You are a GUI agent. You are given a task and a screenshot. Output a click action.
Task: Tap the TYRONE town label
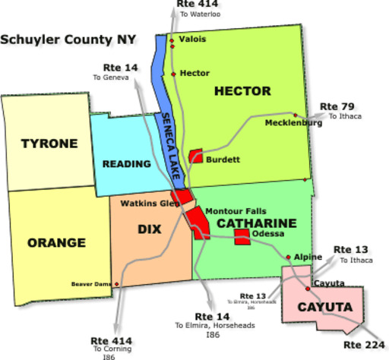[x=49, y=144]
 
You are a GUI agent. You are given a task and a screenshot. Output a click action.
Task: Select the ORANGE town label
[x=56, y=243]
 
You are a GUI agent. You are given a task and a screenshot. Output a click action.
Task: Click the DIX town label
[x=148, y=229]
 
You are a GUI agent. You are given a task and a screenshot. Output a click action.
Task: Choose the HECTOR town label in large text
[x=242, y=91]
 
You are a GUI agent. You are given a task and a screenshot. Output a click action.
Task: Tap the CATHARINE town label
[x=256, y=223]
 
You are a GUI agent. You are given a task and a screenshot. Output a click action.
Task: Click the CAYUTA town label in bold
[x=324, y=308]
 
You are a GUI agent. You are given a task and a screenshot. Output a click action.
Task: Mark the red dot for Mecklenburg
[x=295, y=115]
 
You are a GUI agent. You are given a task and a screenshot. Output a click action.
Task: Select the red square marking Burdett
[x=195, y=156]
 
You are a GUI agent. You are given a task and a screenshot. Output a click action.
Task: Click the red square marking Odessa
[x=242, y=237]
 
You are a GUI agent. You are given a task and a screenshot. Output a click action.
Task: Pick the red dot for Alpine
[x=288, y=257]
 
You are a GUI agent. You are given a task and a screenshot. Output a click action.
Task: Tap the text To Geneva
[x=109, y=77]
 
